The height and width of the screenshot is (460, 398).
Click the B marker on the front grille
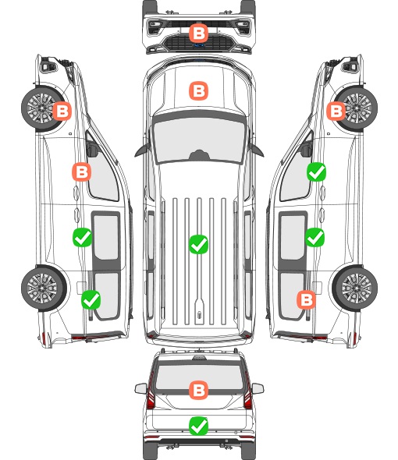pos(198,34)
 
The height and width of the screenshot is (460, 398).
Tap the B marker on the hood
pos(198,90)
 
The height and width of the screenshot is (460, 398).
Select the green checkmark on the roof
pos(198,244)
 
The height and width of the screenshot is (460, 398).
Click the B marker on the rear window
pos(198,390)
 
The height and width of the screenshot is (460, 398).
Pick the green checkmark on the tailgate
pos(198,426)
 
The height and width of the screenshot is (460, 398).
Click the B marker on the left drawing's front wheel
pos(62,111)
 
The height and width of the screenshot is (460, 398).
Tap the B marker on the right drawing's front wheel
pos(336,111)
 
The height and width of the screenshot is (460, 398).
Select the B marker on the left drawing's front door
pos(81,172)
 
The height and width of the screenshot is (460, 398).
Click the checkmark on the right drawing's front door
pos(316,172)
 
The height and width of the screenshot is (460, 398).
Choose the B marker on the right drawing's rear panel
pos(307,300)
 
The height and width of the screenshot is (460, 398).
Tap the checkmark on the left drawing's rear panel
pos(91,300)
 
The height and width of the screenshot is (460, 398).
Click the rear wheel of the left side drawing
pos(44,288)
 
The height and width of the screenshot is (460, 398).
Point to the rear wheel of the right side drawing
pos(355,288)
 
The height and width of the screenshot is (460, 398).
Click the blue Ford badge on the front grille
pos(198,45)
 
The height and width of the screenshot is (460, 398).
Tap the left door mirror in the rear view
pos(140,388)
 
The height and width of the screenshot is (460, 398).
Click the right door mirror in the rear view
pos(258,388)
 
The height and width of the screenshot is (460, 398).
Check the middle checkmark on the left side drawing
pos(82,237)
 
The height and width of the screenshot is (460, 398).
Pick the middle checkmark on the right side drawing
pos(315,237)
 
